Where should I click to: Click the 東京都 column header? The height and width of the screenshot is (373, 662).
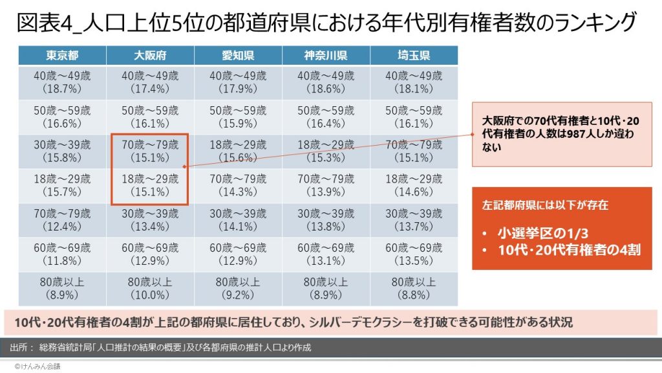62,55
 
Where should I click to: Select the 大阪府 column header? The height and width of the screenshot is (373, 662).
149,55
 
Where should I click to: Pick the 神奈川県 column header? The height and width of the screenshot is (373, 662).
325,55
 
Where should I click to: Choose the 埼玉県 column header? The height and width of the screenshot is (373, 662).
414,55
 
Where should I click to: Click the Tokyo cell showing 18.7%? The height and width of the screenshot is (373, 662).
62,82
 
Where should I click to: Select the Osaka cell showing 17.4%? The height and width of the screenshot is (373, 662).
149,82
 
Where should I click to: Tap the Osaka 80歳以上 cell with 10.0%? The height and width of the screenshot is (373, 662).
149,289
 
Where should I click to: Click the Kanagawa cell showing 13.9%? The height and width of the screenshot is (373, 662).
325,186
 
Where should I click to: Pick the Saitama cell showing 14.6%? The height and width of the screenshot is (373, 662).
414,186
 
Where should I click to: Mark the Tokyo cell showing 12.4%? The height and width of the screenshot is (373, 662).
62,220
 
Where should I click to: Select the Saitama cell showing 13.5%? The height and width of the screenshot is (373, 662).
414,254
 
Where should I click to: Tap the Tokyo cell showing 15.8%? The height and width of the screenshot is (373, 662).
62,152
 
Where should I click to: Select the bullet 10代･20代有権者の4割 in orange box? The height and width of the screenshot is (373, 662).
568,249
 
